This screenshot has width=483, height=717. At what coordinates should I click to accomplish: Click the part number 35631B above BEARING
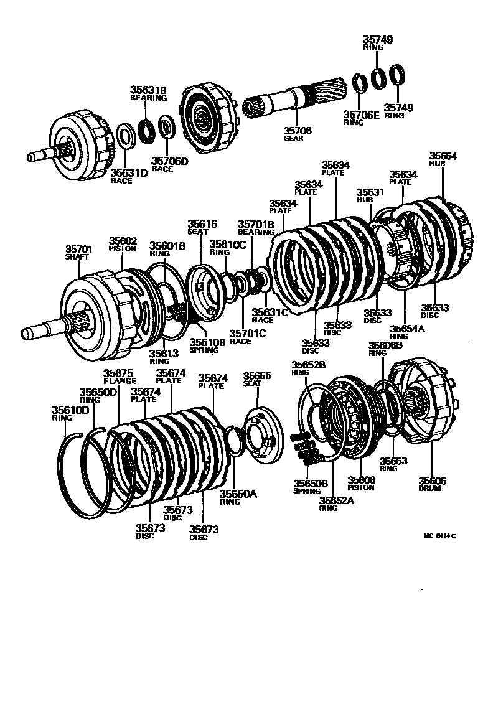coord(148,90)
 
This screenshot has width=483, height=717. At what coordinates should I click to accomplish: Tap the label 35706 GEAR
coord(298,134)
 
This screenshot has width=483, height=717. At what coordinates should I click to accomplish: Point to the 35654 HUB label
coord(443,159)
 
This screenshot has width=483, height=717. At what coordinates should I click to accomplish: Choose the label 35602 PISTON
coord(123,243)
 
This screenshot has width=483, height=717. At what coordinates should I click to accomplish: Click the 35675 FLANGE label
coord(120,377)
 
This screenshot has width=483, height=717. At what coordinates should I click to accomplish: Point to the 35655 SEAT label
coord(257,379)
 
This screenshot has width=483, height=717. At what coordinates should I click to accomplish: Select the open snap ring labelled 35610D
coord(77,473)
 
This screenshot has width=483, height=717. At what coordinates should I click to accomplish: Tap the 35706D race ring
coord(166,127)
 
